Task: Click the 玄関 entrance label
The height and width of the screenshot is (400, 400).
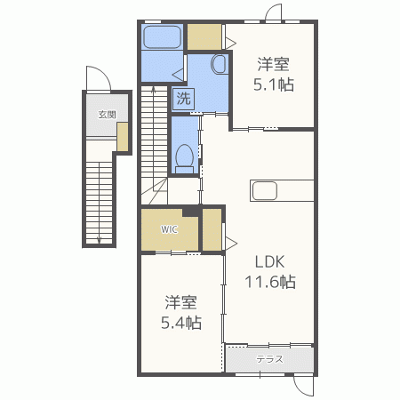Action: [107, 115]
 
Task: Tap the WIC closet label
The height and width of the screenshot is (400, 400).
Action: [169, 229]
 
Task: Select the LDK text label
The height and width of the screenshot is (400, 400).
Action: [270, 261]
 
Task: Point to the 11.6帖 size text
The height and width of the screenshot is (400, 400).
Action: [270, 282]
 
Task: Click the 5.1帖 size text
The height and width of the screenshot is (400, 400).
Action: [274, 84]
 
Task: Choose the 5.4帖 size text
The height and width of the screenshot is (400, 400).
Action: [181, 323]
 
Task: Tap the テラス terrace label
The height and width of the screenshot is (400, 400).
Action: [269, 359]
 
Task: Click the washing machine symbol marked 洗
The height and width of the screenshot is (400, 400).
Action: [183, 99]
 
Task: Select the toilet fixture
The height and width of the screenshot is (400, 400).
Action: [184, 159]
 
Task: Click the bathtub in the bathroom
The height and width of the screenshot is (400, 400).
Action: [162, 36]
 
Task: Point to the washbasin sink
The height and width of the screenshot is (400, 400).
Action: [219, 64]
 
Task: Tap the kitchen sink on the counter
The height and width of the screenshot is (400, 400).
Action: [264, 190]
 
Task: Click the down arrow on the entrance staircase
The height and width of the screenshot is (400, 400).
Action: [100, 239]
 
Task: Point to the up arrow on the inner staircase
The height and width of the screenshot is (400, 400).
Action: [154, 90]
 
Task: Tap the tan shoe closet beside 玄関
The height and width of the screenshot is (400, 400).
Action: [123, 137]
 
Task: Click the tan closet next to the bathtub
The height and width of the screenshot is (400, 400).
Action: [204, 36]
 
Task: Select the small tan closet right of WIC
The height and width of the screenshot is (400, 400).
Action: [212, 229]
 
